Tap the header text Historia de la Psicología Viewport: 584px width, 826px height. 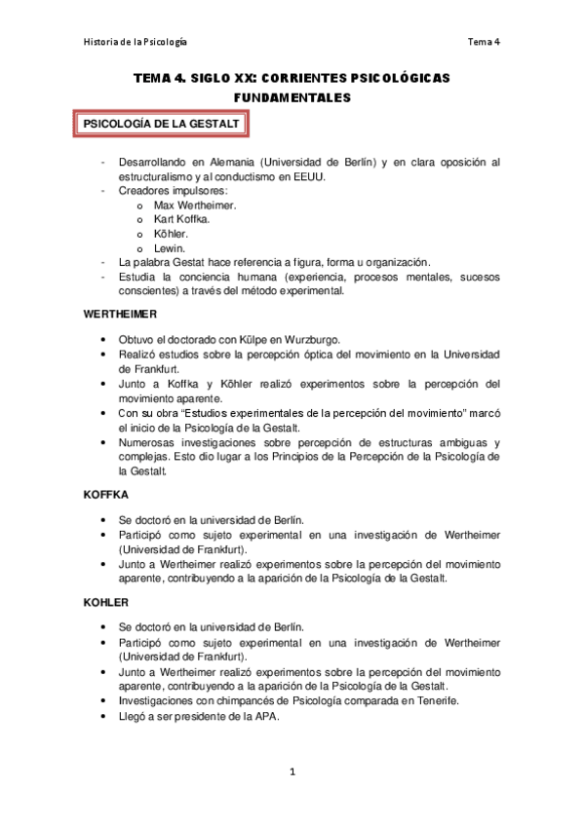[x=135, y=42]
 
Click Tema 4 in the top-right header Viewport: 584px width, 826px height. [x=484, y=42]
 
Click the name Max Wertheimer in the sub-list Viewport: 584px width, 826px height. [x=195, y=206]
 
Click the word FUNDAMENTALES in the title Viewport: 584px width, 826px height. [x=292, y=98]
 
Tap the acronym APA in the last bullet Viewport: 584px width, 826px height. [x=267, y=716]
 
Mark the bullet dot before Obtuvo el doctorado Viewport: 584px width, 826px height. [x=103, y=339]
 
